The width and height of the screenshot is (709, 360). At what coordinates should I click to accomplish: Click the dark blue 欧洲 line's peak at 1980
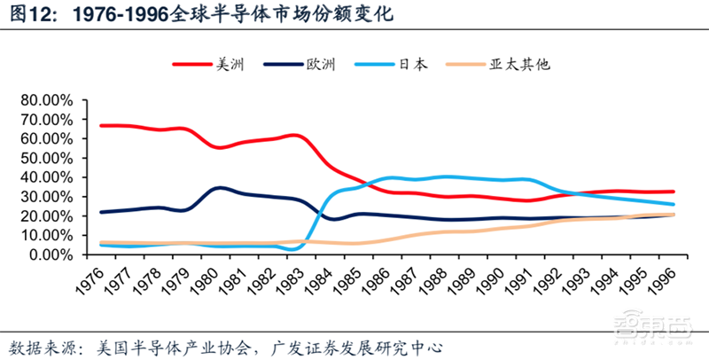pos(219,188)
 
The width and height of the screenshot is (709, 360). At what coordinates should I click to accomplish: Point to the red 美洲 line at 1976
pos(103,125)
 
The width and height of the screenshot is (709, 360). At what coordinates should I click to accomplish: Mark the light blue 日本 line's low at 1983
pos(295,249)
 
